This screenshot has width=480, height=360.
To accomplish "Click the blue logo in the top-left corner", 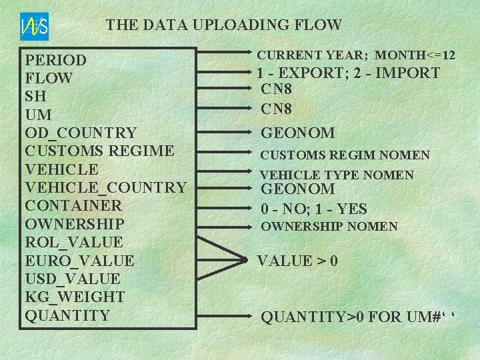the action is [34, 27].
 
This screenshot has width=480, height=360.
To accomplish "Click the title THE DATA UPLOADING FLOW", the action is [224, 25].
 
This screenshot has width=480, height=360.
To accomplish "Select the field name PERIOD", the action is [56, 60].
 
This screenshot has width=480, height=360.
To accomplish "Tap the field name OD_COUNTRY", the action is [81, 133].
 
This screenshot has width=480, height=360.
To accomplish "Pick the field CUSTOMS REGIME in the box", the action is [99, 151].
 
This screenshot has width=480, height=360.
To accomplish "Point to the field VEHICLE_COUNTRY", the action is [105, 187].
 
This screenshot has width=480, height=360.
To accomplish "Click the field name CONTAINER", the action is [73, 205].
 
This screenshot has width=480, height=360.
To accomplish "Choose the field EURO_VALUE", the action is [79, 260].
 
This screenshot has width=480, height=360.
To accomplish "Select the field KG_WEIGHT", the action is [75, 296].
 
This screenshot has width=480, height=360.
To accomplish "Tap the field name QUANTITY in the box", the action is [67, 314].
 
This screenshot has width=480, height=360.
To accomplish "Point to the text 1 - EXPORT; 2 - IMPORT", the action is [349, 73].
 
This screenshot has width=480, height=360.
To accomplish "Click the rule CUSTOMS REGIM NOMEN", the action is [345, 155].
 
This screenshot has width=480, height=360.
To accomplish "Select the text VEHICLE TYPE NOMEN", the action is [337, 175].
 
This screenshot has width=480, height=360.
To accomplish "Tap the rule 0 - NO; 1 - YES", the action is [313, 209].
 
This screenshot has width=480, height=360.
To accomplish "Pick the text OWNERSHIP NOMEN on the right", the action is [329, 227].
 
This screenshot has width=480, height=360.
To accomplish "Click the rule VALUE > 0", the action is [297, 260].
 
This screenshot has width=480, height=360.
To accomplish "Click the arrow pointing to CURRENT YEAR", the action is [223, 51].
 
